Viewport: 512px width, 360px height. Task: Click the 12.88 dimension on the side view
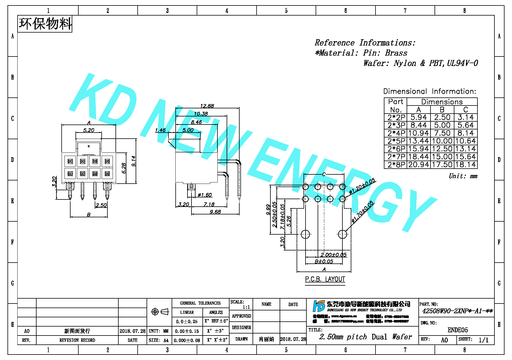[x=207, y=106]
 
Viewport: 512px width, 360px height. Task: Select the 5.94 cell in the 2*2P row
[x=418, y=117]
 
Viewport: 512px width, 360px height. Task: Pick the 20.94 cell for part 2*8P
[x=418, y=165]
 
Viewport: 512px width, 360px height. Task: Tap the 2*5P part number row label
[x=396, y=141]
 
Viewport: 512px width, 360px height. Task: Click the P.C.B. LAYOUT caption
[x=325, y=279]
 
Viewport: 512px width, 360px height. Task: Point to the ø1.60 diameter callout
[x=205, y=195]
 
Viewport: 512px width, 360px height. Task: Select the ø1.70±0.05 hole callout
[x=363, y=212]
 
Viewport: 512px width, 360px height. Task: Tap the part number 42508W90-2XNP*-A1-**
[x=457, y=311]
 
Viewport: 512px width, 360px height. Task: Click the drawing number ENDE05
[x=458, y=330]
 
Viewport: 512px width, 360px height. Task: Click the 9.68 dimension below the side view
[x=215, y=212]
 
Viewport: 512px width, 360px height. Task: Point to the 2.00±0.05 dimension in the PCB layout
[x=333, y=255]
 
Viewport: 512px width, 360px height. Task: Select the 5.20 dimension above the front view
[x=88, y=130]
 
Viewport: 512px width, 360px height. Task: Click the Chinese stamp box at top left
[x=45, y=24]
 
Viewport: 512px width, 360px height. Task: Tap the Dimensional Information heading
[x=429, y=91]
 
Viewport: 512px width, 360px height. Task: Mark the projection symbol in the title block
[x=160, y=312]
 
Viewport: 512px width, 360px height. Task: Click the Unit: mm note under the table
[x=463, y=176]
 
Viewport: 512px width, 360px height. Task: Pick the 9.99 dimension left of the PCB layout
[x=268, y=210]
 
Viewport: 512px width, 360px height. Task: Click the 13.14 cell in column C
[x=465, y=149]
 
